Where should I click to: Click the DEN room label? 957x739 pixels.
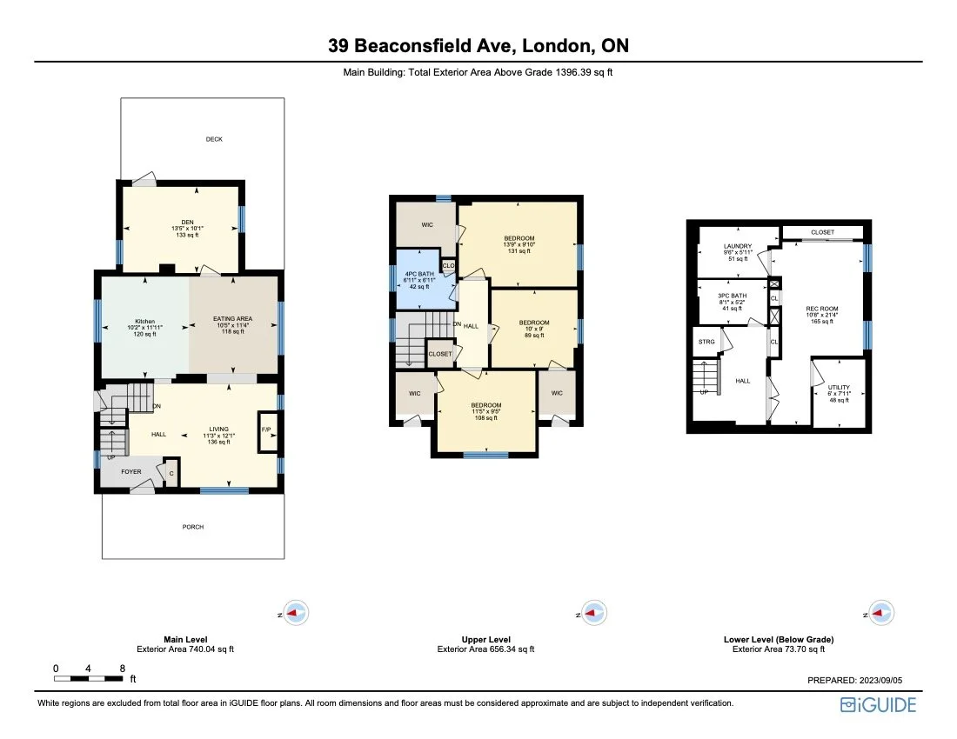coord(181,221)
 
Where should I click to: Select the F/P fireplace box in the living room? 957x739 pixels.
coord(267,429)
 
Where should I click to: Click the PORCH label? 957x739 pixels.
coord(193,527)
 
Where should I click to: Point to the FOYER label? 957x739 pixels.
coord(130,472)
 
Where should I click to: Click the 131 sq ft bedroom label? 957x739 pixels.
coord(519,238)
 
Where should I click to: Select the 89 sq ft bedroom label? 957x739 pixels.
coord(534,323)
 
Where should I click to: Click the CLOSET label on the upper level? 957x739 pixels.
coord(440,354)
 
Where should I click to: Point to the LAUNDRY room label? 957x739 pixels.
coord(738,246)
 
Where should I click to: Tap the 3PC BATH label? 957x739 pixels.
coord(732,296)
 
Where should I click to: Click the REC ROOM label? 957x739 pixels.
coord(821,309)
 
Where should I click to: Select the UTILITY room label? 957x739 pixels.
coord(839,388)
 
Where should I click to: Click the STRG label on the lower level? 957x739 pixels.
coord(706,342)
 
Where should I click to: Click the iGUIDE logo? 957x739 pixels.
coord(878,705)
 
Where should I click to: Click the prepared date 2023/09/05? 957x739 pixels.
coord(890,680)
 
